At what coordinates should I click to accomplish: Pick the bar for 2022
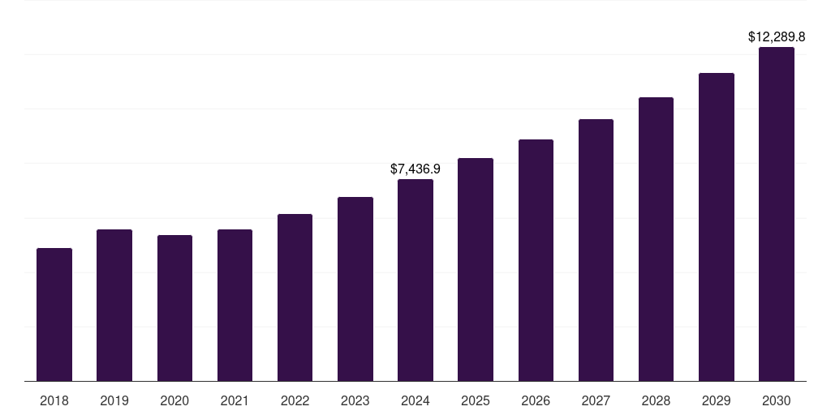point(295,297)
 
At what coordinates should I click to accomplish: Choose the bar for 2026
point(536,260)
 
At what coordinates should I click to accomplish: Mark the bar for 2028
point(656,239)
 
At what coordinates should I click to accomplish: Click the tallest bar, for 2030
point(777,214)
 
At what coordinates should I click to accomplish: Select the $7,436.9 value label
point(415,169)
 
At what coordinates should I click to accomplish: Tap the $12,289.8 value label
point(777,37)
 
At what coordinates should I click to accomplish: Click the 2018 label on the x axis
point(54,400)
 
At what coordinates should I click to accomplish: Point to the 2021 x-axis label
point(235,400)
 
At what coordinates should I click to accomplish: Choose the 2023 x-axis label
point(355,400)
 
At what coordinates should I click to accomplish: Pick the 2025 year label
point(476,400)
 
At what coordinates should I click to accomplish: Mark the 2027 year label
point(596,400)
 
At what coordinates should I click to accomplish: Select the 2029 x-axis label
point(717,400)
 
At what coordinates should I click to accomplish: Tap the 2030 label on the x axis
point(777,400)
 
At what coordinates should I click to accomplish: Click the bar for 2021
point(235,305)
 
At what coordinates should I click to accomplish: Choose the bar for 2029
point(717,227)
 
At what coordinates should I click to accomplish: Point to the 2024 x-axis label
point(415,400)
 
